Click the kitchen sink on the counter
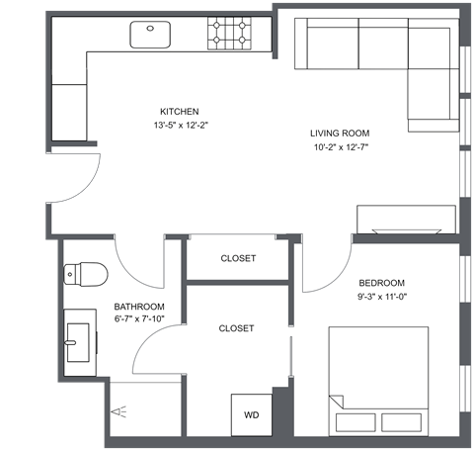point(151,32)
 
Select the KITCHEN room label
point(181,111)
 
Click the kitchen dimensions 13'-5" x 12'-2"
point(181,127)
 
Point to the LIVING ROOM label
point(340,134)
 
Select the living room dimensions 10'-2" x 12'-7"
point(340,149)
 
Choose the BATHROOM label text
point(138,307)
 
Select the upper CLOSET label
point(238,258)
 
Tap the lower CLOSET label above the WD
point(236,328)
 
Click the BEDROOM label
point(381,281)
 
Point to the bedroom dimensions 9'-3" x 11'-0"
point(382,296)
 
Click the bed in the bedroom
point(378,381)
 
